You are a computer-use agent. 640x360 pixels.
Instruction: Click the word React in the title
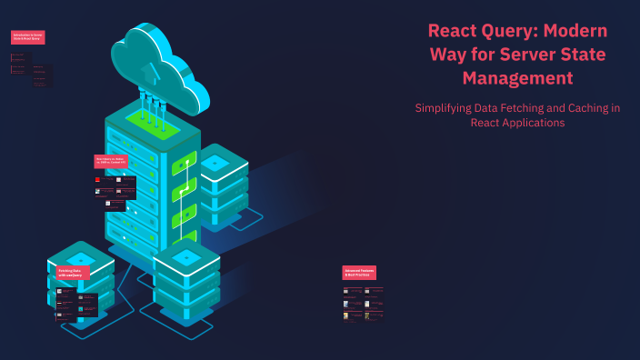pyautogui.click(x=455, y=30)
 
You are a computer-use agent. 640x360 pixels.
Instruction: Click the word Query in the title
pyautogui.click(x=514, y=30)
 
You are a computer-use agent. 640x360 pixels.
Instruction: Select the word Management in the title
pyautogui.click(x=517, y=78)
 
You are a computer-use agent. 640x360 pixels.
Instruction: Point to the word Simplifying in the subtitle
pyautogui.click(x=446, y=107)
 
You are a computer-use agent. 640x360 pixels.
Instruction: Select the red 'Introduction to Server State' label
pyautogui.click(x=27, y=37)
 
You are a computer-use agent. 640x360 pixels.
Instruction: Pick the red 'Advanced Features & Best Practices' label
pyautogui.click(x=359, y=272)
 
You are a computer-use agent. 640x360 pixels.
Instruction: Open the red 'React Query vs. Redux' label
pyautogui.click(x=111, y=161)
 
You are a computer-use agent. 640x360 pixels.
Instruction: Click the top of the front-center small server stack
pyautogui.click(x=187, y=257)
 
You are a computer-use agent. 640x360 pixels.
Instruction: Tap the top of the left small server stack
pyautogui.click(x=80, y=255)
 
